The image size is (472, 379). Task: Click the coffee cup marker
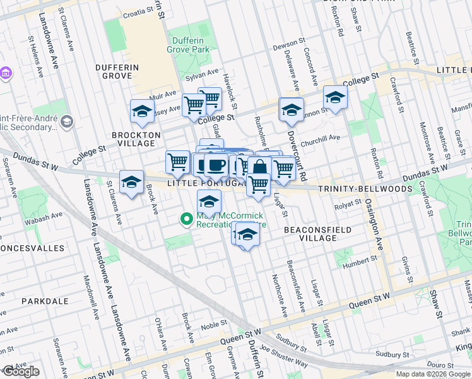tap(216, 165)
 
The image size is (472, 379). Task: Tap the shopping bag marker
tap(259, 168)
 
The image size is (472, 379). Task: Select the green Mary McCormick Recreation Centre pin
tap(186, 219)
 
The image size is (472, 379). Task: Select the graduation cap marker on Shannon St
tap(335, 97)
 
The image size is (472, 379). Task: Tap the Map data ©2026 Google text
tap(433, 374)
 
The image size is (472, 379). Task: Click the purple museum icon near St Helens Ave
tap(6, 73)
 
